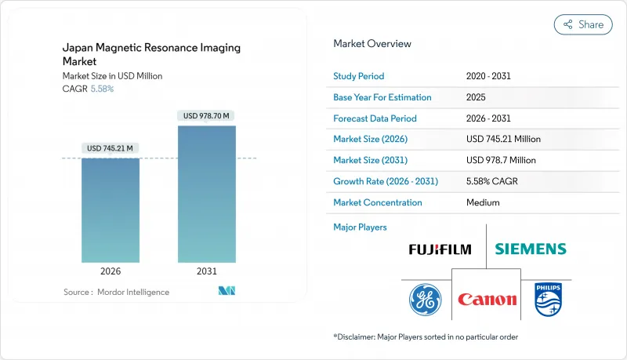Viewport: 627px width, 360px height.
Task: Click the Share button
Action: (583, 24)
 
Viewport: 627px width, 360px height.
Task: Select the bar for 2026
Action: (111, 210)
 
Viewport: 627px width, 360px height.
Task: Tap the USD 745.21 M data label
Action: (111, 148)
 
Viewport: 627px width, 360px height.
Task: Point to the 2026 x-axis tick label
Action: (111, 271)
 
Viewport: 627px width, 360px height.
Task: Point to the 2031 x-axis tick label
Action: (208, 271)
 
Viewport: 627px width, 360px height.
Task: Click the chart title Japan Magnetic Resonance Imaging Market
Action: (151, 54)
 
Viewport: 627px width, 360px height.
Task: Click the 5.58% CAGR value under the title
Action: (103, 89)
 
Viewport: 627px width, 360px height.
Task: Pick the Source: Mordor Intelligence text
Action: (116, 292)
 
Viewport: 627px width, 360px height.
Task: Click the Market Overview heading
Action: (372, 44)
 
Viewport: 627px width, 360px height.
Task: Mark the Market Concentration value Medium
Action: (484, 202)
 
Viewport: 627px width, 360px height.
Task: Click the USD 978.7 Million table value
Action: (501, 160)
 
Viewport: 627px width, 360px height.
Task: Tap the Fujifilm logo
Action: (440, 249)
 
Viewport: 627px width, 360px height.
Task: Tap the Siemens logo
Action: (530, 249)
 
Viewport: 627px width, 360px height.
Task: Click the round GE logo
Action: (425, 300)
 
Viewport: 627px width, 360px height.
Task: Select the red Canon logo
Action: (487, 300)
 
